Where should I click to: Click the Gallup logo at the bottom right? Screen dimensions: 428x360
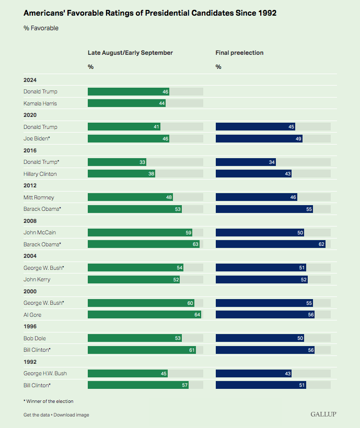pos(323,414)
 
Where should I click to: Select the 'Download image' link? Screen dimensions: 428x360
pos(71,415)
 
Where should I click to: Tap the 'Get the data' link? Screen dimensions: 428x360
pos(36,415)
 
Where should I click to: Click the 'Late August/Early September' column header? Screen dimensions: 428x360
pos(130,53)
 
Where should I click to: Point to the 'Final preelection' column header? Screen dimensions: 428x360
pos(239,53)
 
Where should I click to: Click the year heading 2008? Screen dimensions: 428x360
pos(30,221)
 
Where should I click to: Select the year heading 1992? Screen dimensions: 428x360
pos(30,362)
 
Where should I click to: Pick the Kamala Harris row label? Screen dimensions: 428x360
pos(40,103)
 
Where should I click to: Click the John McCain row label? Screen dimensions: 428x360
pos(39,232)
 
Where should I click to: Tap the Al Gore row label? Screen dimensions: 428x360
pos(32,315)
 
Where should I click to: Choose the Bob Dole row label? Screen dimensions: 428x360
pos(34,338)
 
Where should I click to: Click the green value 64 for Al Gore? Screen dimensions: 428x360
pos(197,315)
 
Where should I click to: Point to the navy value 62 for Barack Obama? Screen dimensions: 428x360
pos(321,244)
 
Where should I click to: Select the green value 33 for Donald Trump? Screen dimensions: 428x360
pos(142,162)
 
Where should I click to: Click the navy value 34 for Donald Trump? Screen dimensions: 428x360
pos(272,162)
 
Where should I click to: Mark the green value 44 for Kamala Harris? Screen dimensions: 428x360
pos(162,103)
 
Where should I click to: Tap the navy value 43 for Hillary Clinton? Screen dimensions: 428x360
pos(287,174)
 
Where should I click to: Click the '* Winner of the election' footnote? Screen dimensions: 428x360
pos(49,401)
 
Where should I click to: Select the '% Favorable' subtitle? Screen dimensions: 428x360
pos(41,28)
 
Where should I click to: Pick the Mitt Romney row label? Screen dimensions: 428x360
pos(39,197)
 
